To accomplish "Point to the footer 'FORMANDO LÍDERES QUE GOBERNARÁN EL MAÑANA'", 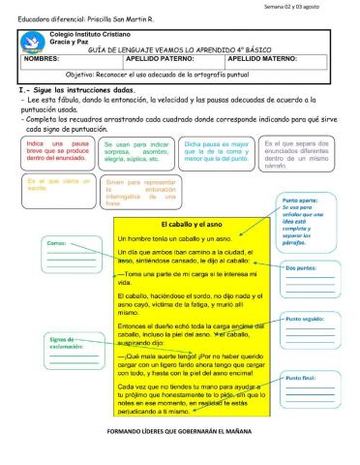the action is click(x=181, y=428).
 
